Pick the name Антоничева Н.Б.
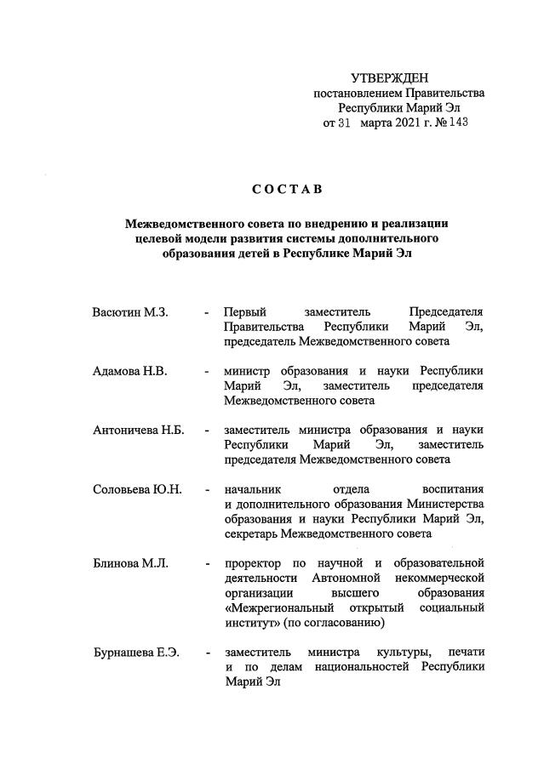(x=139, y=431)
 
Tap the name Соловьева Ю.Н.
(x=137, y=489)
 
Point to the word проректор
(x=254, y=563)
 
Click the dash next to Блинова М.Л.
(x=207, y=563)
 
